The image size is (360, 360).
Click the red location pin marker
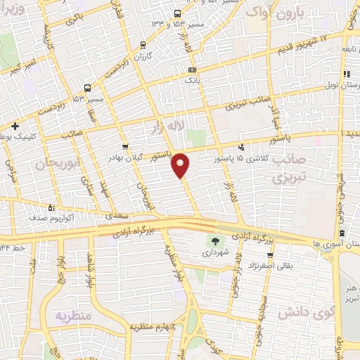pyautogui.click(x=181, y=165)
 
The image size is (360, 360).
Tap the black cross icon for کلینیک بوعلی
pyautogui.click(x=14, y=126)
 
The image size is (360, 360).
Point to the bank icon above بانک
pyautogui.click(x=193, y=70)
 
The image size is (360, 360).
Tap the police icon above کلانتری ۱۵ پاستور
pyautogui.click(x=242, y=148)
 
